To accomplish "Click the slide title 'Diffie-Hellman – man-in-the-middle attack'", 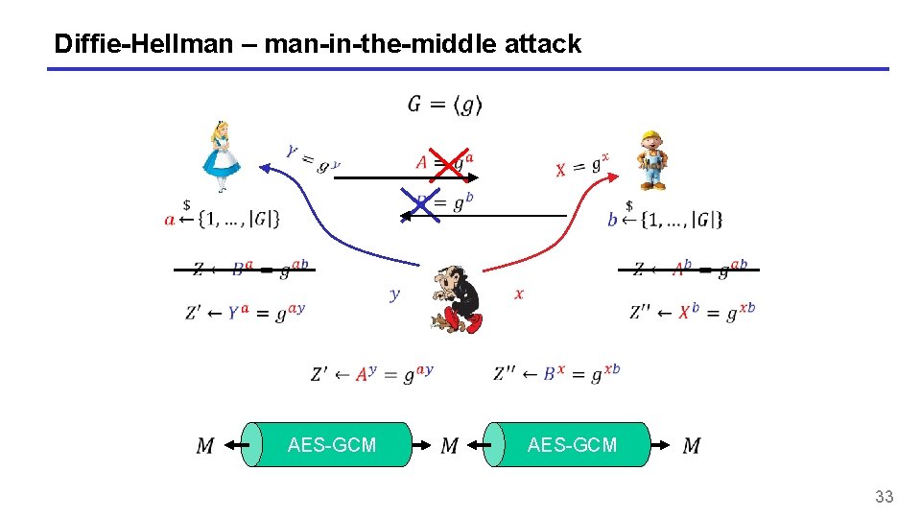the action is (318, 43).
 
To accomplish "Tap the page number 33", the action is (884, 496).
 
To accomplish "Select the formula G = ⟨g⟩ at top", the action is (445, 104).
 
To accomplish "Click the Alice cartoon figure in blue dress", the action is (222, 157).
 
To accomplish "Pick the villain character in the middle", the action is (454, 297).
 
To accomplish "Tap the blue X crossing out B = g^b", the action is (421, 203).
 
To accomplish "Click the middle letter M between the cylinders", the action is (449, 445).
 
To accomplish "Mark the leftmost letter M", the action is (205, 445).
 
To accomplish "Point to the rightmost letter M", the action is (692, 445).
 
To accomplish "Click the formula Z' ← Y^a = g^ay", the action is (245, 313).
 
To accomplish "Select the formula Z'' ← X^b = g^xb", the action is (692, 313).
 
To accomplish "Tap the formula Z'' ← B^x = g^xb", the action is (556, 373).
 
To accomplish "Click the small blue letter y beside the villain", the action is (394, 294).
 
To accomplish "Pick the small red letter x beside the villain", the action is (519, 294).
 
